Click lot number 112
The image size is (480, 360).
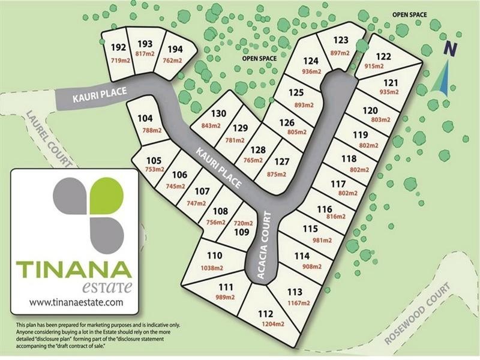(265, 314)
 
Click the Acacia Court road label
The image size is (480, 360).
(260, 245)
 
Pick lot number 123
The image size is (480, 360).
(341, 40)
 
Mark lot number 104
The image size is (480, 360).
(146, 118)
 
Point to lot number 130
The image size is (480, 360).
(218, 114)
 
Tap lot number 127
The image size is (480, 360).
(282, 162)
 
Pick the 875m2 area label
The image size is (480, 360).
(282, 173)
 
